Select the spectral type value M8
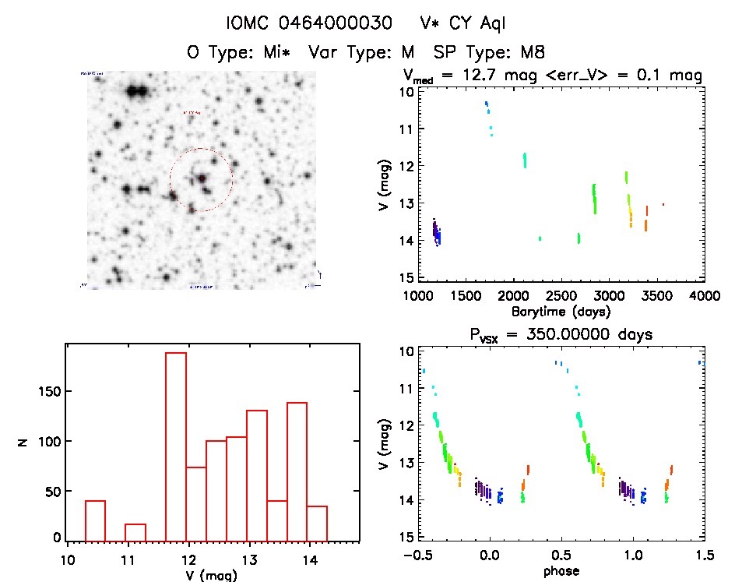[527, 52]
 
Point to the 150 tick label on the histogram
[47, 392]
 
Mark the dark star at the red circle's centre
[201, 178]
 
